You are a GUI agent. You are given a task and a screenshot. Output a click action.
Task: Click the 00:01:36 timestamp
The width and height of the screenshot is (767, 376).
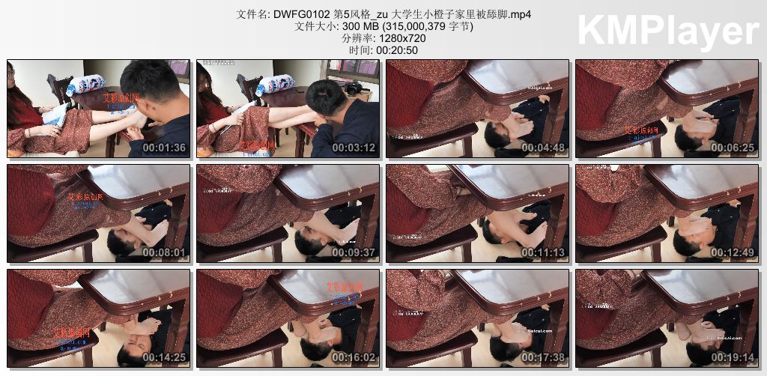163,148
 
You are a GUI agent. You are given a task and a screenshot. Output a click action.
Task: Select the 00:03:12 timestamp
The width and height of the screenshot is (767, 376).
353,148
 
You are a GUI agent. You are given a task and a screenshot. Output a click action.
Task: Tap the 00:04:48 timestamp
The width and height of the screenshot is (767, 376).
542,148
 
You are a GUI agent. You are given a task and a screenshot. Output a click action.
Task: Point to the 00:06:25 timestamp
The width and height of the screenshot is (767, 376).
732,148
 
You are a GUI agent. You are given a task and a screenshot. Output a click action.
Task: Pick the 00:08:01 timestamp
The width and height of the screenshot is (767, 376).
163,252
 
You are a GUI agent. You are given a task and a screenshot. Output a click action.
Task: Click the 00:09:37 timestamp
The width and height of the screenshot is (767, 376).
353,252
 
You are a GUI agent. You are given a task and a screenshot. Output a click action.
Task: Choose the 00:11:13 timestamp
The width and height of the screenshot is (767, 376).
542,252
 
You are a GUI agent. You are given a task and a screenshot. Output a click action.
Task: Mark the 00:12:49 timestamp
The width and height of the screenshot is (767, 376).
732,252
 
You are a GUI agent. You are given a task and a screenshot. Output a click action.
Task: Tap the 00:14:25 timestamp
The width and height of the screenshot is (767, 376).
163,357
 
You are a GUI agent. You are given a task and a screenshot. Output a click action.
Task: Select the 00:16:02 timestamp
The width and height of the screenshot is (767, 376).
353,357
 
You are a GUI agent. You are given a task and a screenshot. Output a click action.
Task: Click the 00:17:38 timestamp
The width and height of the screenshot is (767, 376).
542,357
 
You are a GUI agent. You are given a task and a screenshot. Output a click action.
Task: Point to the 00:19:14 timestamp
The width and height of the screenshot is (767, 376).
732,357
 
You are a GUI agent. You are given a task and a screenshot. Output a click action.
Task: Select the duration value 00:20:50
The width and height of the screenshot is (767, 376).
397,50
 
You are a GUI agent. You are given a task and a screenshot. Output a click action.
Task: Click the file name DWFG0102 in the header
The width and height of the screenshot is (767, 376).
301,14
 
